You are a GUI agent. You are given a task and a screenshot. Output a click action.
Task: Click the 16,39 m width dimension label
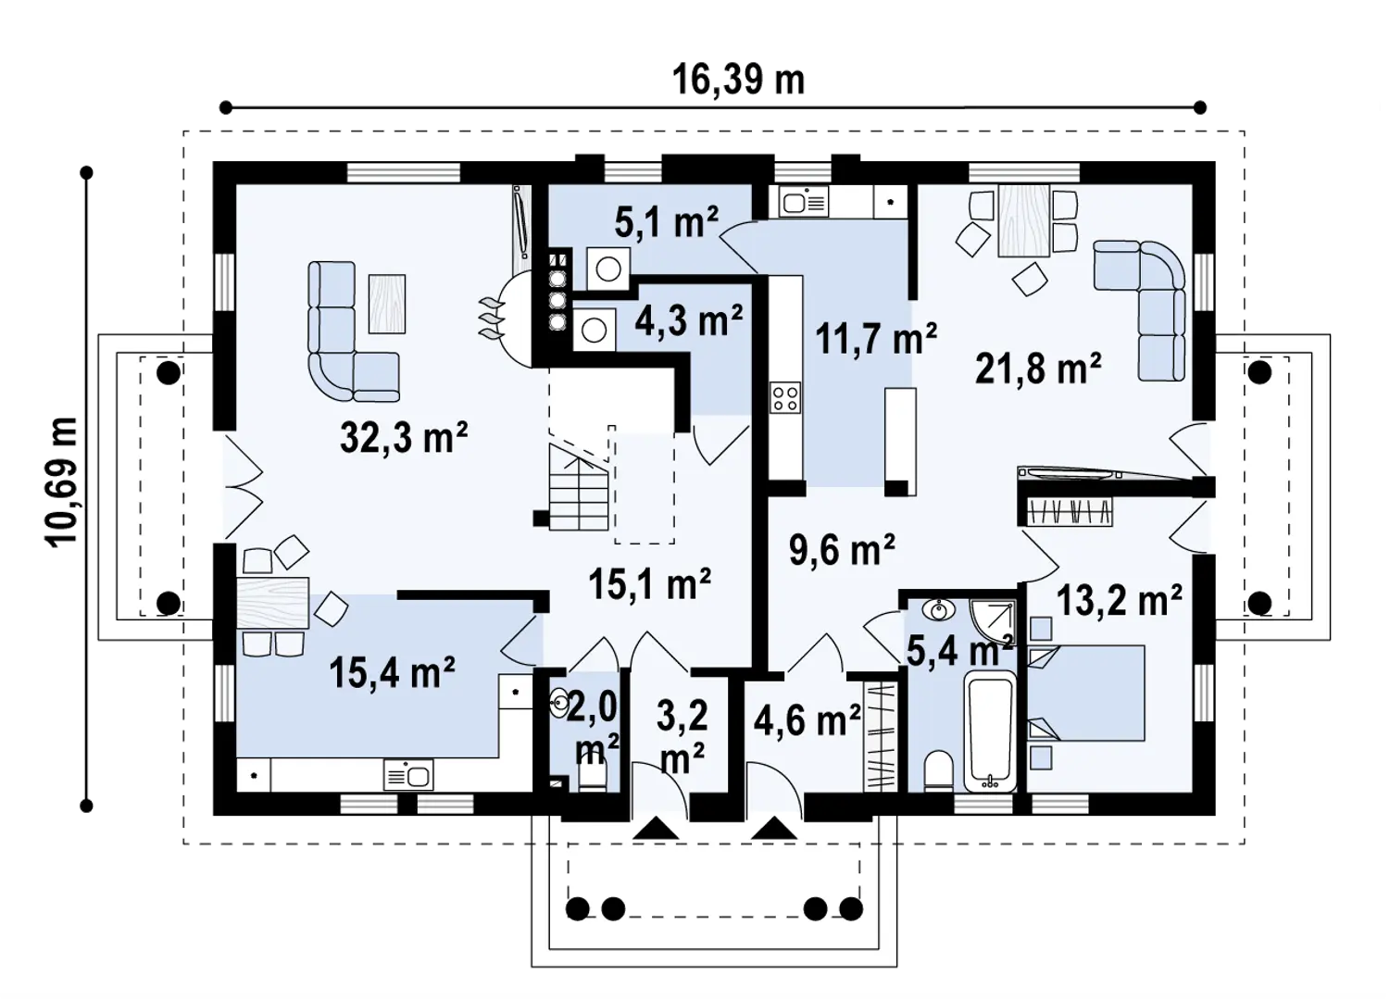(738, 81)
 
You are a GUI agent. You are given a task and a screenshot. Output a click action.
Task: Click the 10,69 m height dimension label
(61, 482)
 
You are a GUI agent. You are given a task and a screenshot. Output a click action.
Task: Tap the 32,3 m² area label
(404, 438)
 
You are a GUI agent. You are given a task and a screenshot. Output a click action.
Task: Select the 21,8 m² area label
(1038, 369)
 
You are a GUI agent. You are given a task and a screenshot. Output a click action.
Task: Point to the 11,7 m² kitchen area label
(875, 339)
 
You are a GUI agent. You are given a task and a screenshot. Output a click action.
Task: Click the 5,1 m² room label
(667, 222)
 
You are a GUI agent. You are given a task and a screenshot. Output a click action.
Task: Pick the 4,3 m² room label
(689, 320)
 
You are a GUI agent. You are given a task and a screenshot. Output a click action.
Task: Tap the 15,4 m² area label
(392, 673)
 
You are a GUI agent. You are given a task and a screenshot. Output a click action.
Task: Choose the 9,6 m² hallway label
(842, 550)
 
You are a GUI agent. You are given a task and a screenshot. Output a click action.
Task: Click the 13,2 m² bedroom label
(1120, 600)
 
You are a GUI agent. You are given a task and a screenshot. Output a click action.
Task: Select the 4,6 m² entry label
(808, 721)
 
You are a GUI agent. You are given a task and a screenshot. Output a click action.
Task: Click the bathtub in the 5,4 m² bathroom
(990, 732)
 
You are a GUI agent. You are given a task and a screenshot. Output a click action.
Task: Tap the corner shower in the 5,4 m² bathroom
(994, 621)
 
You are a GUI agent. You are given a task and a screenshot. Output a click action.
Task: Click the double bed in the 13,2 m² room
(1086, 693)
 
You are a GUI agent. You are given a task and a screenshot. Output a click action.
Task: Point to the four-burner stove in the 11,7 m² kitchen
(785, 397)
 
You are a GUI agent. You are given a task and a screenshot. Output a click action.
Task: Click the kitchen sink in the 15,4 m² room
(409, 775)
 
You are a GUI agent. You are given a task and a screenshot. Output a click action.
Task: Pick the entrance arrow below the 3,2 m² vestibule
(656, 829)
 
